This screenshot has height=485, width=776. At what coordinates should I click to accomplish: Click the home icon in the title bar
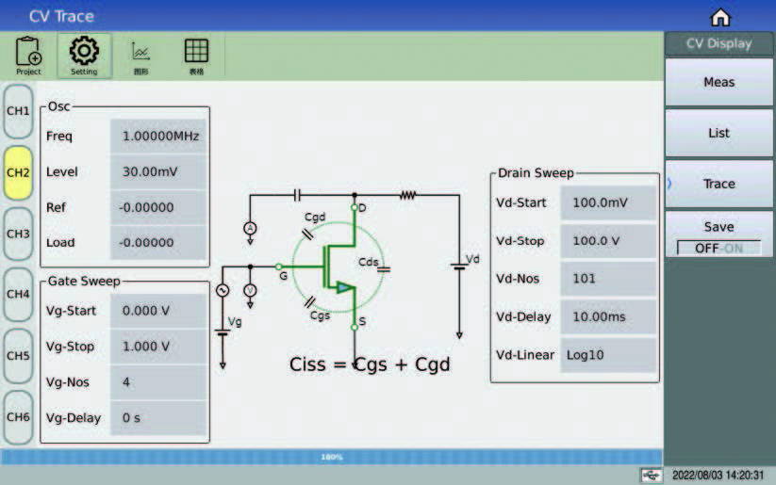pyautogui.click(x=720, y=17)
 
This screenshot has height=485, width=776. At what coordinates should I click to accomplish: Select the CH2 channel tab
pyautogui.click(x=19, y=172)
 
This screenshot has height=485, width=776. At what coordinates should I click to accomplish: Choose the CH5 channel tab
pyautogui.click(x=19, y=356)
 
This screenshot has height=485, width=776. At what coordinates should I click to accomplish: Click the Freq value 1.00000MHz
pyautogui.click(x=159, y=136)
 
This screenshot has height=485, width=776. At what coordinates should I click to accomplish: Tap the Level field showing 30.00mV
pyautogui.click(x=159, y=171)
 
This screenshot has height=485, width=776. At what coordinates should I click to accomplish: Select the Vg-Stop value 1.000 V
pyautogui.click(x=157, y=346)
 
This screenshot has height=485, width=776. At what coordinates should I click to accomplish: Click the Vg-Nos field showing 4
pyautogui.click(x=157, y=381)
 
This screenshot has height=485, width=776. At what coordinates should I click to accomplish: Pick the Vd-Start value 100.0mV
pyautogui.click(x=608, y=203)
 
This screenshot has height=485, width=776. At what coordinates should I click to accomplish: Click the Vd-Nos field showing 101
pyautogui.click(x=608, y=279)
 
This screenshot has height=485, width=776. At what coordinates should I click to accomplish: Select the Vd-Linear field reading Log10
pyautogui.click(x=608, y=355)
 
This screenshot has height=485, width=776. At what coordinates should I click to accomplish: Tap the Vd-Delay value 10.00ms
pyautogui.click(x=608, y=317)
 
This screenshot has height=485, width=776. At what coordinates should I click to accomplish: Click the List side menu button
pyautogui.click(x=718, y=133)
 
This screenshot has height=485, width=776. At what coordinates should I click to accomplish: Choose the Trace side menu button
pyautogui.click(x=718, y=184)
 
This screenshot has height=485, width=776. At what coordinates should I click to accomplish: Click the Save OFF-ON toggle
pyautogui.click(x=718, y=248)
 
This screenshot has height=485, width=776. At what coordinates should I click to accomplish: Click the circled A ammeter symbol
pyautogui.click(x=250, y=229)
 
